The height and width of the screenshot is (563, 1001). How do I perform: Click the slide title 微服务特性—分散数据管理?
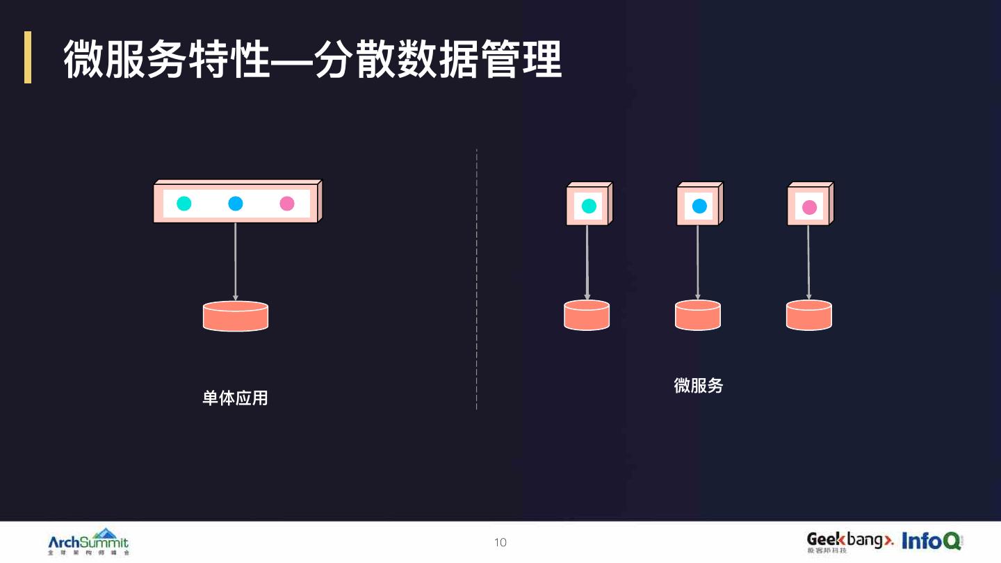(313, 59)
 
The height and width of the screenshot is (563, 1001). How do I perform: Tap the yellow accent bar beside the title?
(28, 57)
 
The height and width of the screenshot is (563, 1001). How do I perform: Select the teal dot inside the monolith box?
(184, 204)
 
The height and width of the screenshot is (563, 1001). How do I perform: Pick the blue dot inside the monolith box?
(236, 204)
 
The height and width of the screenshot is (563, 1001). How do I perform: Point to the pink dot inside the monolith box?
(287, 204)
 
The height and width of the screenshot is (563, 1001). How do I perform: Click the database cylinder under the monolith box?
(236, 316)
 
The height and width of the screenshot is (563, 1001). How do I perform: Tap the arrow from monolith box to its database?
(236, 261)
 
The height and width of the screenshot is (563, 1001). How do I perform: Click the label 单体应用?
(235, 398)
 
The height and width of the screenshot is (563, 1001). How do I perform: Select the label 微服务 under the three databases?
(698, 386)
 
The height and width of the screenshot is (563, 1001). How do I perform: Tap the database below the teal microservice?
(587, 315)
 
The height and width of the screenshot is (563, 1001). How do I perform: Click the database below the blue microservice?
(698, 315)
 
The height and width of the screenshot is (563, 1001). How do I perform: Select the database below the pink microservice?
(809, 315)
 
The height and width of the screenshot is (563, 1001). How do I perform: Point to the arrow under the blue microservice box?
(698, 262)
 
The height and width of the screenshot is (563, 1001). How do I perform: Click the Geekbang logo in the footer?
(849, 541)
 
